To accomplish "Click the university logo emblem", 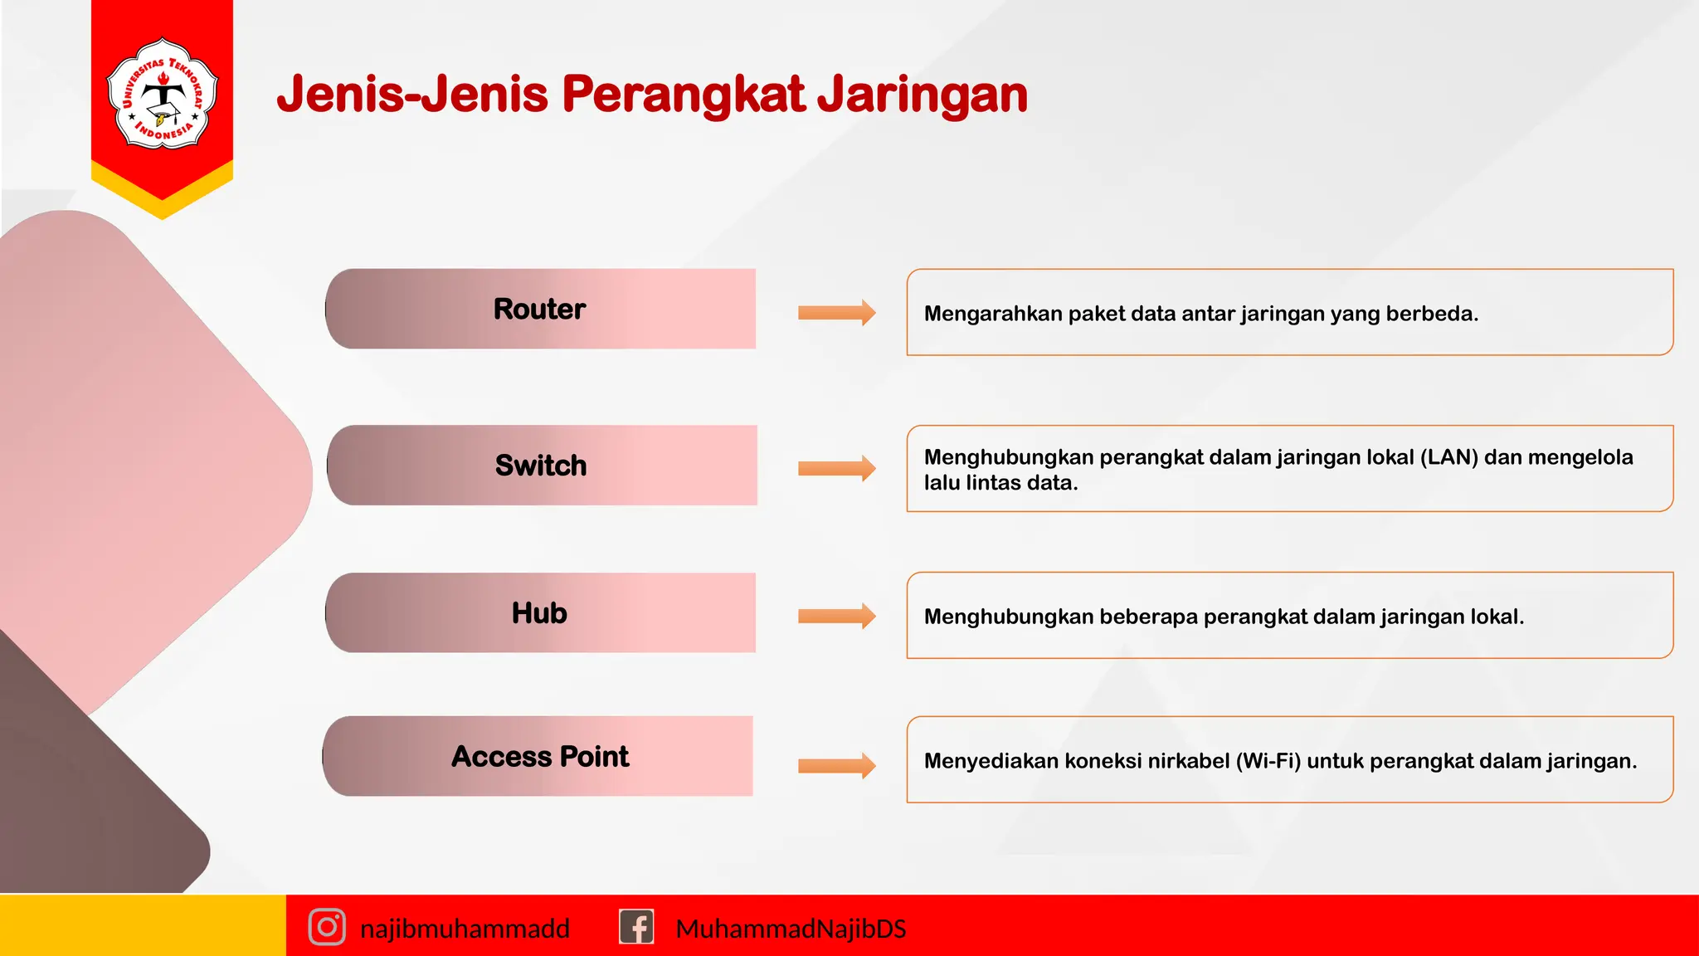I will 163,94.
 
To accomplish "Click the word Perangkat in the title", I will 684,94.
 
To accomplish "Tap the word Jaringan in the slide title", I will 923,94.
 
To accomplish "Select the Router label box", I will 540,309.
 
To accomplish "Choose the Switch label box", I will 541,466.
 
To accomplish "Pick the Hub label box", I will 540,613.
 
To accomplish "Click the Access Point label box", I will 538,756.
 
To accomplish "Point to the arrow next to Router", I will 836,313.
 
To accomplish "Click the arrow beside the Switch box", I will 836,469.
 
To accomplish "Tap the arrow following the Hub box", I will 836,616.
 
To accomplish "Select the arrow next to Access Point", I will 836,766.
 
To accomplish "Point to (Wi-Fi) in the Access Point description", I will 1268,761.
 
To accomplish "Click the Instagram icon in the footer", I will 327,927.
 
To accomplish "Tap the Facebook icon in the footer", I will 636,927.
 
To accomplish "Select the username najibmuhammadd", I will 465,929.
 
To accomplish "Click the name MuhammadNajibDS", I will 791,929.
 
